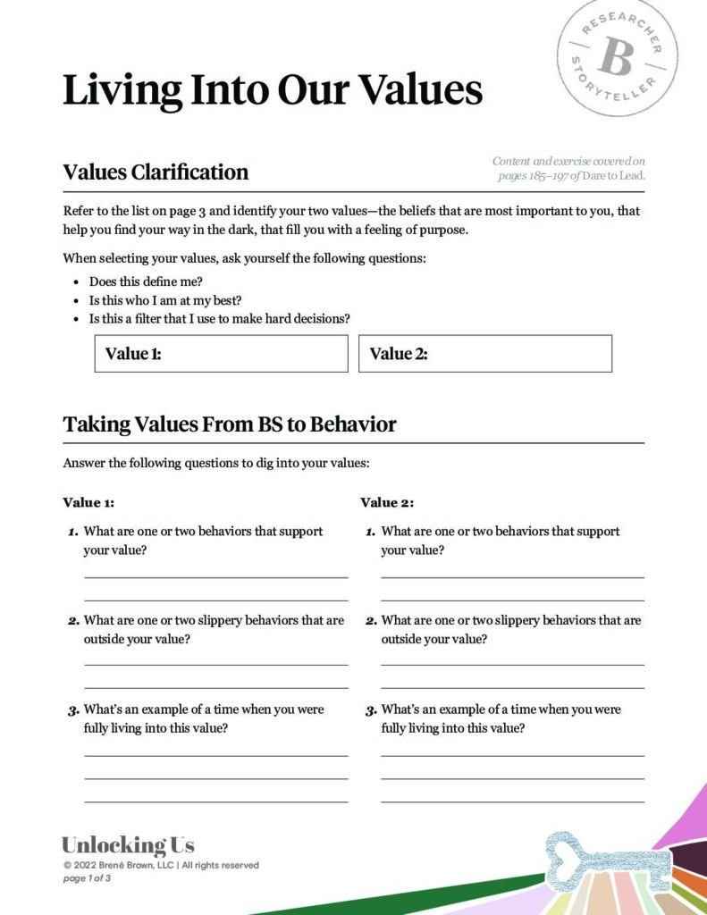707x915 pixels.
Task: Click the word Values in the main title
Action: point(420,90)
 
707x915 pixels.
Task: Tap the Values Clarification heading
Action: point(156,172)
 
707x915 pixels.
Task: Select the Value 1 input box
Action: point(221,354)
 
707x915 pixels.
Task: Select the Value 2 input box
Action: point(485,354)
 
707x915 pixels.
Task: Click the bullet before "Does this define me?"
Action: point(76,281)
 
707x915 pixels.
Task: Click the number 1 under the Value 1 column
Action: point(73,533)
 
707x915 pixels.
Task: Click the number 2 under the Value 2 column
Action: point(370,621)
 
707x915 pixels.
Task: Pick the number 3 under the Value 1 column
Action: point(73,711)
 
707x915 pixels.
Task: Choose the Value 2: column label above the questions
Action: point(387,502)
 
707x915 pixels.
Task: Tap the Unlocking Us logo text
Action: point(128,845)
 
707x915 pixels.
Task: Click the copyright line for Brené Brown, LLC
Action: point(161,865)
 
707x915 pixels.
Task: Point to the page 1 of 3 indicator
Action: point(87,878)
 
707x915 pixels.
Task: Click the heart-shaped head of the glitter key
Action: point(568,853)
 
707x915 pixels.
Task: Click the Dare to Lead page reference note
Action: point(569,168)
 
